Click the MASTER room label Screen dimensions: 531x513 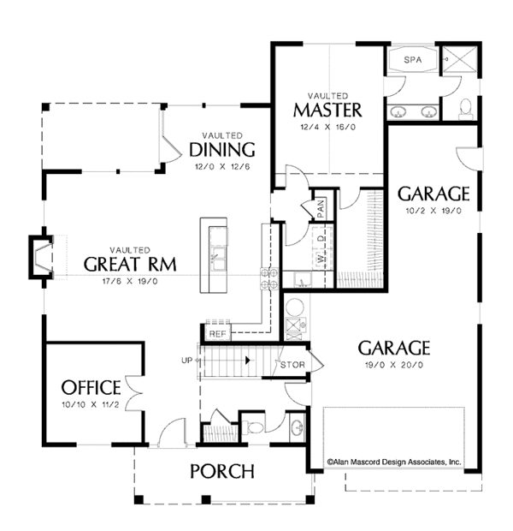[x=327, y=110]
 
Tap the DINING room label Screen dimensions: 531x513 [x=221, y=151]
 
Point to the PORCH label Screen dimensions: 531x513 [x=221, y=470]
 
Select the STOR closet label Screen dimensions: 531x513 [x=293, y=365]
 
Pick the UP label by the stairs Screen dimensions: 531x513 [x=186, y=361]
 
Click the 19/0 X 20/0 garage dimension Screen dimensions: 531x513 [x=392, y=364]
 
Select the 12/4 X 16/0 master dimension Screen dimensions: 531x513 [x=327, y=127]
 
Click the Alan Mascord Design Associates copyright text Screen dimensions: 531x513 [x=392, y=461]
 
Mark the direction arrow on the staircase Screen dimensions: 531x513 [x=248, y=361]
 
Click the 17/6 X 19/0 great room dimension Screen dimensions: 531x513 [x=132, y=280]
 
